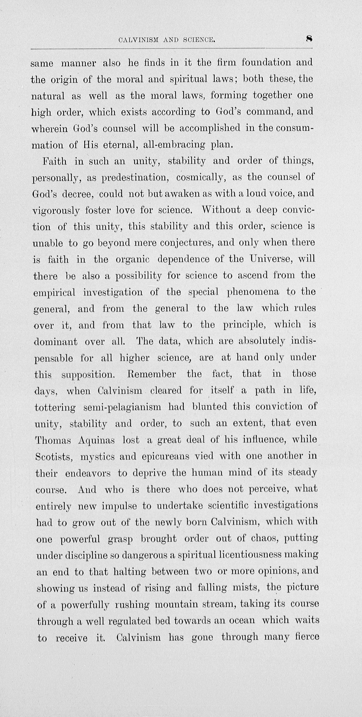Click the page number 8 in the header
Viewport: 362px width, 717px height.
(309, 39)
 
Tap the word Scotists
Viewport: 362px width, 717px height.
(54, 457)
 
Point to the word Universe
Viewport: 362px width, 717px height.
(270, 259)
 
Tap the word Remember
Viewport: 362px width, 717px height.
(151, 374)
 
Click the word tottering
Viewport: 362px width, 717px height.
(55, 408)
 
